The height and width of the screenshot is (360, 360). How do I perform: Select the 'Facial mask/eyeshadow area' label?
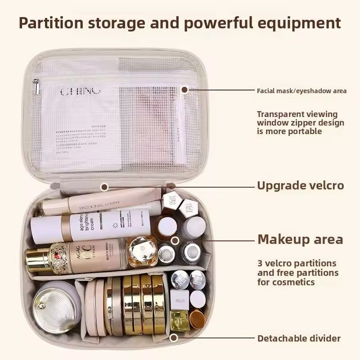(301, 91)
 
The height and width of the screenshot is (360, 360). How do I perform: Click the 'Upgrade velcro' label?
(300, 185)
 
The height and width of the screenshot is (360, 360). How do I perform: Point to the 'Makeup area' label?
(300, 239)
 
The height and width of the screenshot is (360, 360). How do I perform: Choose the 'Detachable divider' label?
(299, 338)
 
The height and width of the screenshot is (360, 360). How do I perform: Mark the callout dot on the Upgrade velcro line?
(104, 186)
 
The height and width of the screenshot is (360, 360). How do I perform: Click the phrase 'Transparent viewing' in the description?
(297, 114)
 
